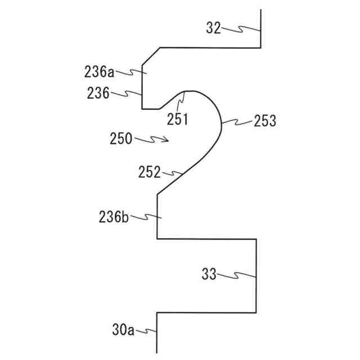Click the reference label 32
tap(213, 28)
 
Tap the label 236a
tap(100, 71)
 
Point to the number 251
tap(177, 119)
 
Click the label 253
tap(265, 121)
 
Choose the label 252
tap(150, 172)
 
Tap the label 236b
tap(115, 216)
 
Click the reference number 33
tap(209, 275)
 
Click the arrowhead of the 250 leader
tap(167, 141)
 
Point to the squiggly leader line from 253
tap(237, 121)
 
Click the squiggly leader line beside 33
tap(237, 276)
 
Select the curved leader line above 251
tap(181, 103)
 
